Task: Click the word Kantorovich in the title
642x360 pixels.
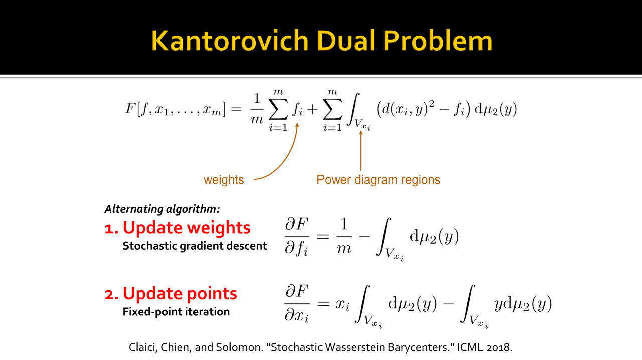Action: click(230, 41)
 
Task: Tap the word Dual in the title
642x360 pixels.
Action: click(346, 41)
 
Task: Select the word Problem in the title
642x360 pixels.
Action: click(438, 41)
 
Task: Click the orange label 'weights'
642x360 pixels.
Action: click(224, 179)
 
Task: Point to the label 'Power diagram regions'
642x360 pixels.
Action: click(378, 179)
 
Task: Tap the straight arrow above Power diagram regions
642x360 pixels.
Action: click(361, 151)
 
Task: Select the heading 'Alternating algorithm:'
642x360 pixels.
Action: click(162, 209)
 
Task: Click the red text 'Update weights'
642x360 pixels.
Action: click(187, 228)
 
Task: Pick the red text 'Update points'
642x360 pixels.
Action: click(180, 293)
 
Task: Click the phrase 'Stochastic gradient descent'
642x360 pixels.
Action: click(195, 246)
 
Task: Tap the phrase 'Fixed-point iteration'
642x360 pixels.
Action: click(176, 312)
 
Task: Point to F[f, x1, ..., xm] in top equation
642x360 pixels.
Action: click(176, 109)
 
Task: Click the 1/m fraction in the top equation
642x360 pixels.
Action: click(257, 109)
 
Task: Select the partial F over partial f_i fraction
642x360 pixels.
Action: click(297, 236)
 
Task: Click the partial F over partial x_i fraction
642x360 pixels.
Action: click(297, 303)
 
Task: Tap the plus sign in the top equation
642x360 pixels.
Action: click(312, 109)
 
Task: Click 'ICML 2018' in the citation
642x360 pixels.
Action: click(485, 347)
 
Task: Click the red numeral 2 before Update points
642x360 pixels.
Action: click(110, 295)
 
